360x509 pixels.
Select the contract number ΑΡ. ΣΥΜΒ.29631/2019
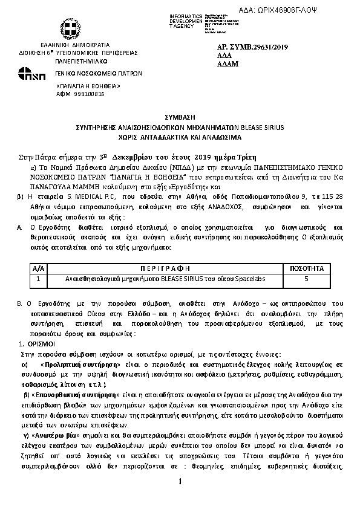pos(250,47)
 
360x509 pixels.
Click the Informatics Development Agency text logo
pos(186,21)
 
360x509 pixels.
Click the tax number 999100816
pos(88,94)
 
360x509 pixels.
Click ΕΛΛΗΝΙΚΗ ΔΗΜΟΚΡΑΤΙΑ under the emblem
pos(75,45)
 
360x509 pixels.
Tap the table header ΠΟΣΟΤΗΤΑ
pos(307,268)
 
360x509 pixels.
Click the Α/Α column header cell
pos(38,268)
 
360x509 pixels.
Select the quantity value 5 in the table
pos(307,279)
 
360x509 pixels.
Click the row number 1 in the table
pos(38,279)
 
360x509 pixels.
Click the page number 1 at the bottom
pos(180,482)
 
